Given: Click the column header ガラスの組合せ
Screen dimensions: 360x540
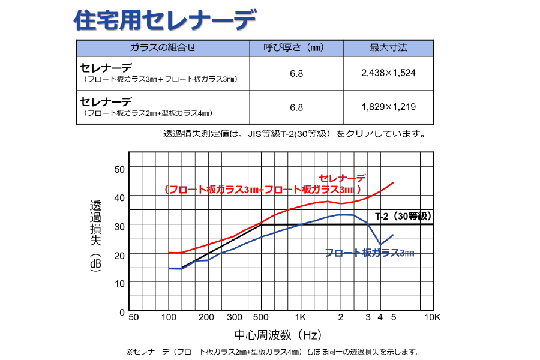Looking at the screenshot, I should pyautogui.click(x=163, y=48).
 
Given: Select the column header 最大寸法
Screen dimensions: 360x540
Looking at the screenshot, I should pyautogui.click(x=388, y=48).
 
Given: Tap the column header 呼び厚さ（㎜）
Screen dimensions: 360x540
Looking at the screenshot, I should pyautogui.click(x=296, y=48).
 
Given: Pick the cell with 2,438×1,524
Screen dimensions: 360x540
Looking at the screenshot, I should pyautogui.click(x=388, y=73).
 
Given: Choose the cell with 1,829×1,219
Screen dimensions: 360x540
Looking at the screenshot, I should pyautogui.click(x=388, y=107).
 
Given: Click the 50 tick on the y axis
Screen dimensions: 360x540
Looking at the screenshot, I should pyautogui.click(x=119, y=169).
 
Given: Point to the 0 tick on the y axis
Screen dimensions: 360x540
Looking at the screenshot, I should pyautogui.click(x=122, y=312).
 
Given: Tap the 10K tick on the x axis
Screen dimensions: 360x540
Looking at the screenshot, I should pyautogui.click(x=433, y=317).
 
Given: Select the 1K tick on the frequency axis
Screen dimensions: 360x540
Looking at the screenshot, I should pyautogui.click(x=301, y=317).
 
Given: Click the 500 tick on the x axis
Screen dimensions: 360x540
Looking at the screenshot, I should pyautogui.click(x=260, y=317).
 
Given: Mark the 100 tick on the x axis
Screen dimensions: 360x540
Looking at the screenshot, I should pyautogui.click(x=169, y=317).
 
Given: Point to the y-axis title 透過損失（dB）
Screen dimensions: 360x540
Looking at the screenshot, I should pyautogui.click(x=95, y=237).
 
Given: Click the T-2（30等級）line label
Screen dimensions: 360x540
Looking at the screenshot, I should pyautogui.click(x=403, y=216).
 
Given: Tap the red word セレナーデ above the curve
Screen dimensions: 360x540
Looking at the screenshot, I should pyautogui.click(x=342, y=178).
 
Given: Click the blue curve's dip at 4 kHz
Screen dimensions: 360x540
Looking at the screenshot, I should pyautogui.click(x=380, y=244).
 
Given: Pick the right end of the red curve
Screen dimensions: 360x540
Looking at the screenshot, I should pyautogui.click(x=393, y=182).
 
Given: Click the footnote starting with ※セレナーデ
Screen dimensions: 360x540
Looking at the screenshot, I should pyautogui.click(x=272, y=352).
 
